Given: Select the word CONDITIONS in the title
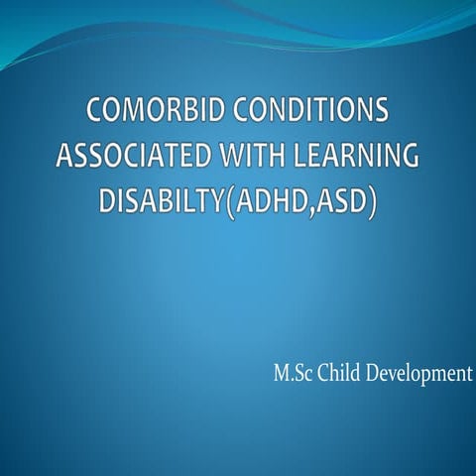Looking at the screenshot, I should (316, 110).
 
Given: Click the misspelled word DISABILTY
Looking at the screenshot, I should (164, 202).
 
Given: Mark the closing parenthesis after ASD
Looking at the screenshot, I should (373, 203).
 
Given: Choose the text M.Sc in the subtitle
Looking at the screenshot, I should (292, 375).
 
